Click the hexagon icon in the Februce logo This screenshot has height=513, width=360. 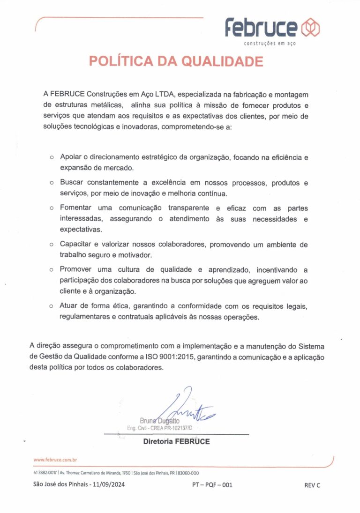tap(310, 28)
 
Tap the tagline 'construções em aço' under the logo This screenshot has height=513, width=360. tap(270, 44)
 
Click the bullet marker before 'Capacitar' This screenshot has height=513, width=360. tap(52, 245)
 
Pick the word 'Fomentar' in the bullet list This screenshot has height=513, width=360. tap(75, 208)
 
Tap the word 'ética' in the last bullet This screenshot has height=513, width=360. tap(122, 306)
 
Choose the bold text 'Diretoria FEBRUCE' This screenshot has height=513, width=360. tap(176, 441)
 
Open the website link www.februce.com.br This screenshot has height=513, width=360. tap(55, 460)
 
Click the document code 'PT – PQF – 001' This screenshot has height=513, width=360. tap(212, 485)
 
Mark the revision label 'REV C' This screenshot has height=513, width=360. tap(312, 485)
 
